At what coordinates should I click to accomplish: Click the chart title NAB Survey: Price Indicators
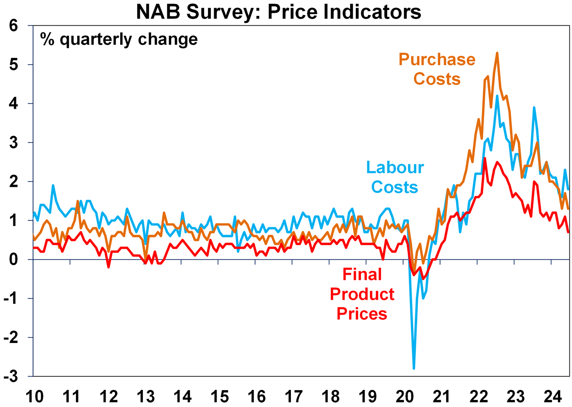pos(278,12)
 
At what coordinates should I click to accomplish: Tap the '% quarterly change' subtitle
pos(119,39)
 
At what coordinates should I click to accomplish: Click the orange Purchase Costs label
pos(437,69)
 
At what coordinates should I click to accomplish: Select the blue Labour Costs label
pos(395,177)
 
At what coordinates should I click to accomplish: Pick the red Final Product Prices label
pos(362,294)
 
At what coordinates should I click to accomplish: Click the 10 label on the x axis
pos(34,396)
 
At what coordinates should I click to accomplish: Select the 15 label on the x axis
pos(219,396)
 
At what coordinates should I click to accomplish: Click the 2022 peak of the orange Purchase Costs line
pos(497,53)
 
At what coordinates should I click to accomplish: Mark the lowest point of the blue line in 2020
pos(414,368)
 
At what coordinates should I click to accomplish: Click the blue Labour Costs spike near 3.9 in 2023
pos(534,108)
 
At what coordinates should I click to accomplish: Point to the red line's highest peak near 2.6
pos(485,158)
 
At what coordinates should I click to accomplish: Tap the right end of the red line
pos(569,232)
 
